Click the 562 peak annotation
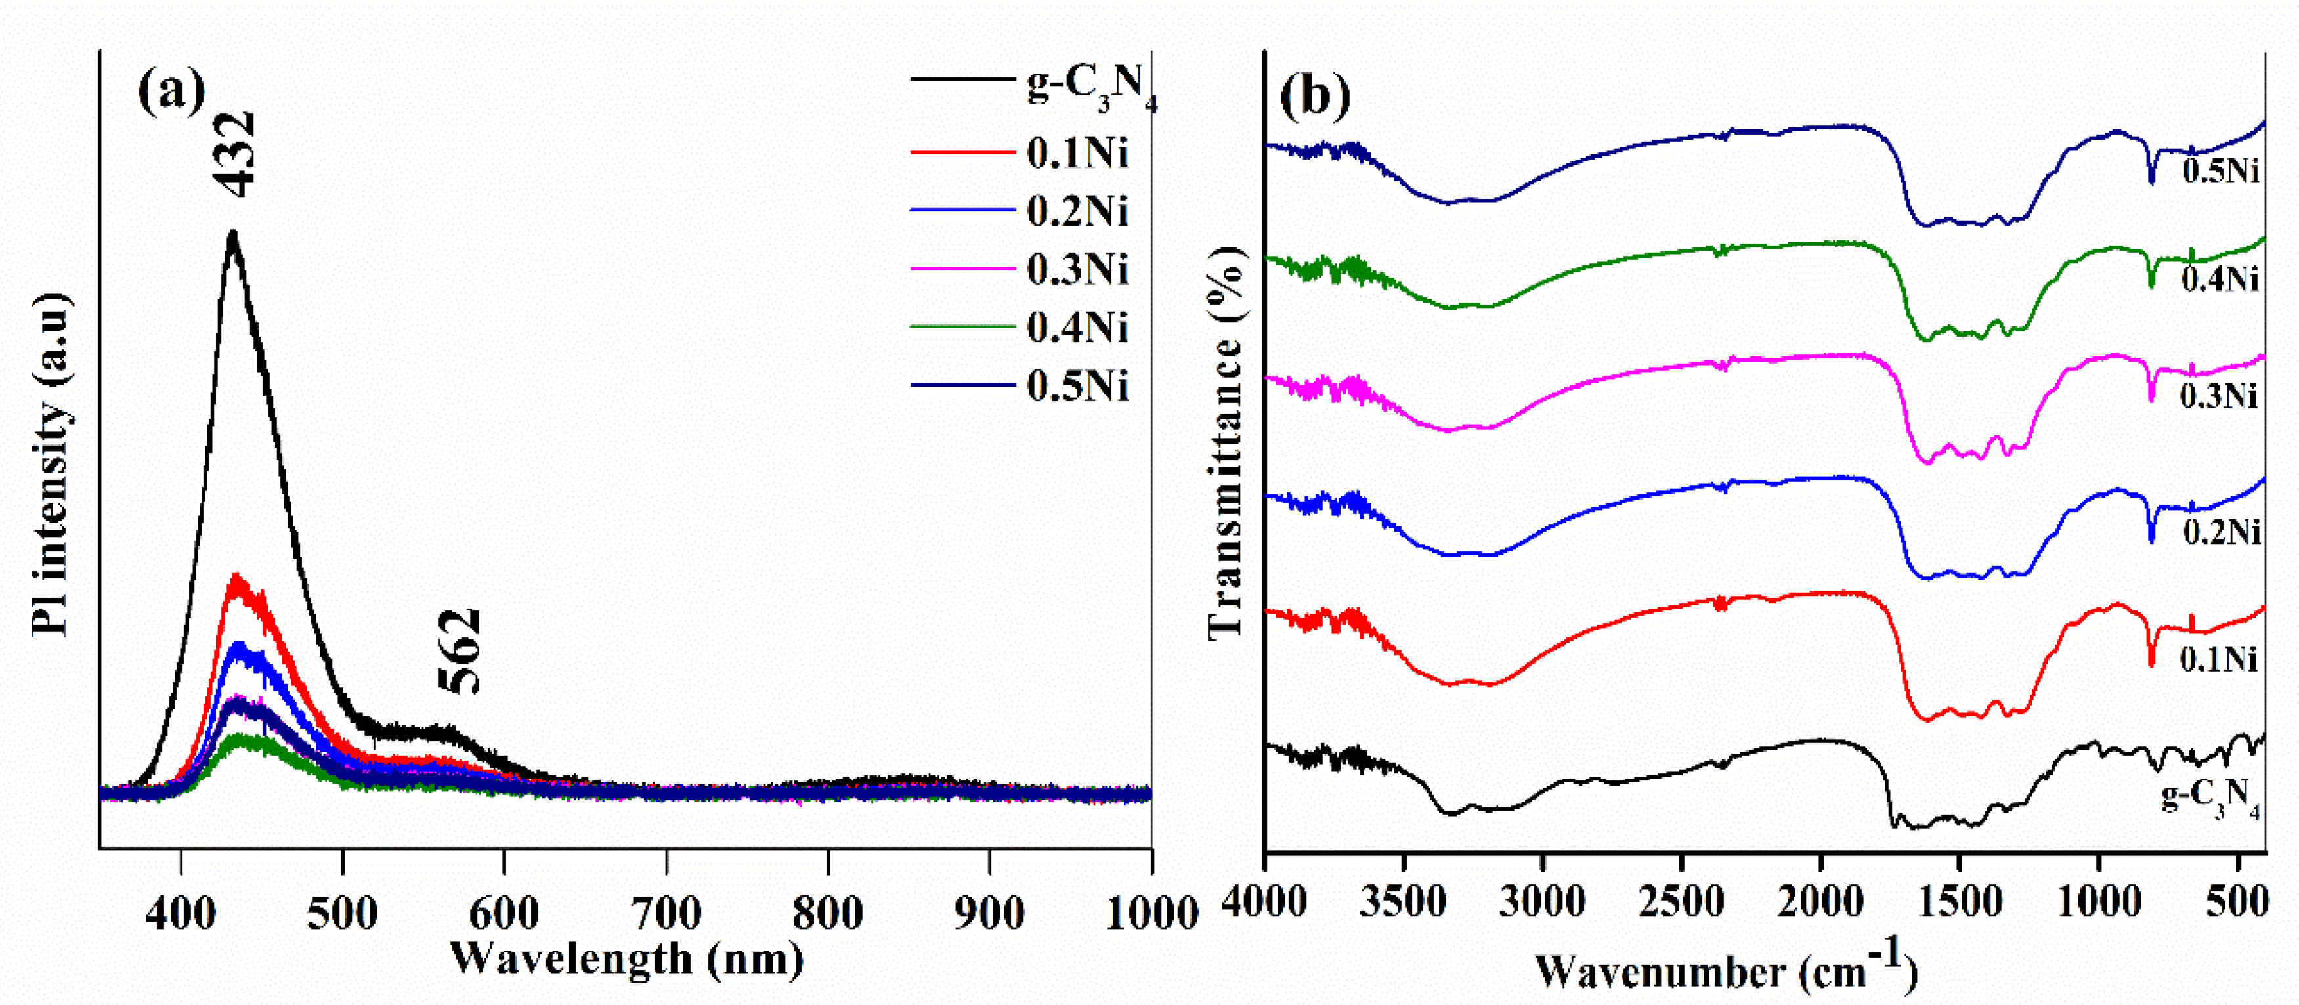[x=460, y=652]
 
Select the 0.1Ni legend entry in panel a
[x=1077, y=153]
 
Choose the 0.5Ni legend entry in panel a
[x=1077, y=387]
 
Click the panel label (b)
[x=1315, y=95]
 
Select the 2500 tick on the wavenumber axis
[x=1681, y=901]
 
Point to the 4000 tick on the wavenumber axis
[x=1264, y=901]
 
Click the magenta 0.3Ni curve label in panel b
[x=2220, y=395]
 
